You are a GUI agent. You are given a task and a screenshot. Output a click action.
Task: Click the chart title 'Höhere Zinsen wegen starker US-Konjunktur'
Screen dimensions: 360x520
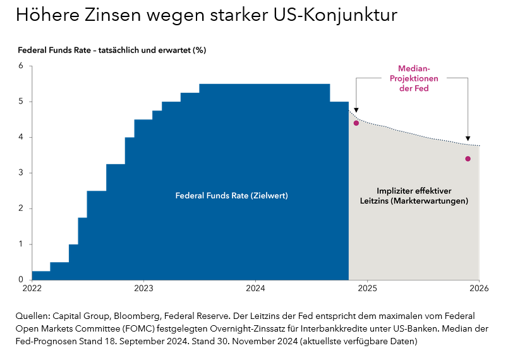207,15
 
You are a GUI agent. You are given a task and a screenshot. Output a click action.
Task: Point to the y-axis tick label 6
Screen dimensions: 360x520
21,66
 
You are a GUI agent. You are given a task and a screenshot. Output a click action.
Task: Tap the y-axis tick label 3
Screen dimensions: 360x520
21,172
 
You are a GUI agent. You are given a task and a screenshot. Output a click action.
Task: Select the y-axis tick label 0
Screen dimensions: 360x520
21,280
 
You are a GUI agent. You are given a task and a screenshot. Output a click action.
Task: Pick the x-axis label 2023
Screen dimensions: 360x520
143,289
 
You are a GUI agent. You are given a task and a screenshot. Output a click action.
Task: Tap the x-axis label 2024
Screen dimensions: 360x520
255,289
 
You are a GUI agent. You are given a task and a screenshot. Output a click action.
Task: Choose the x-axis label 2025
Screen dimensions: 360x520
367,289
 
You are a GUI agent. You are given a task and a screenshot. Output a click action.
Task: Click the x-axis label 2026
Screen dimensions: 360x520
479,289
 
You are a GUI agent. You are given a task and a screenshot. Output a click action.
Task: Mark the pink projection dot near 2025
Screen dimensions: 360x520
356,123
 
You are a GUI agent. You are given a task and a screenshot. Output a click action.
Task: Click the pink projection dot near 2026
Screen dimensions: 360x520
468,159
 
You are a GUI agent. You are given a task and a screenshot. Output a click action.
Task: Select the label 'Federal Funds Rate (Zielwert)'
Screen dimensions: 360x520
231,196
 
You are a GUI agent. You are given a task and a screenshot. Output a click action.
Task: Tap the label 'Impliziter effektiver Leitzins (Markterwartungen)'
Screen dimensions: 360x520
413,196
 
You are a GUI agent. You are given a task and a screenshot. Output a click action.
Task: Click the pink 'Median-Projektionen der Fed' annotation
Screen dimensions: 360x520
413,78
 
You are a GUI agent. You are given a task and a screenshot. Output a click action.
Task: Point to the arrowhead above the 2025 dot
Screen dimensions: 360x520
356,109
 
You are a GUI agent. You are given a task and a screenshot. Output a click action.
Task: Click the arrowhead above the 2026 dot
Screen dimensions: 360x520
468,139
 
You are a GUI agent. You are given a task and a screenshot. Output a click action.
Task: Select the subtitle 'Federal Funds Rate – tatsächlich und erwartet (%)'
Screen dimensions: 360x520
112,49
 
